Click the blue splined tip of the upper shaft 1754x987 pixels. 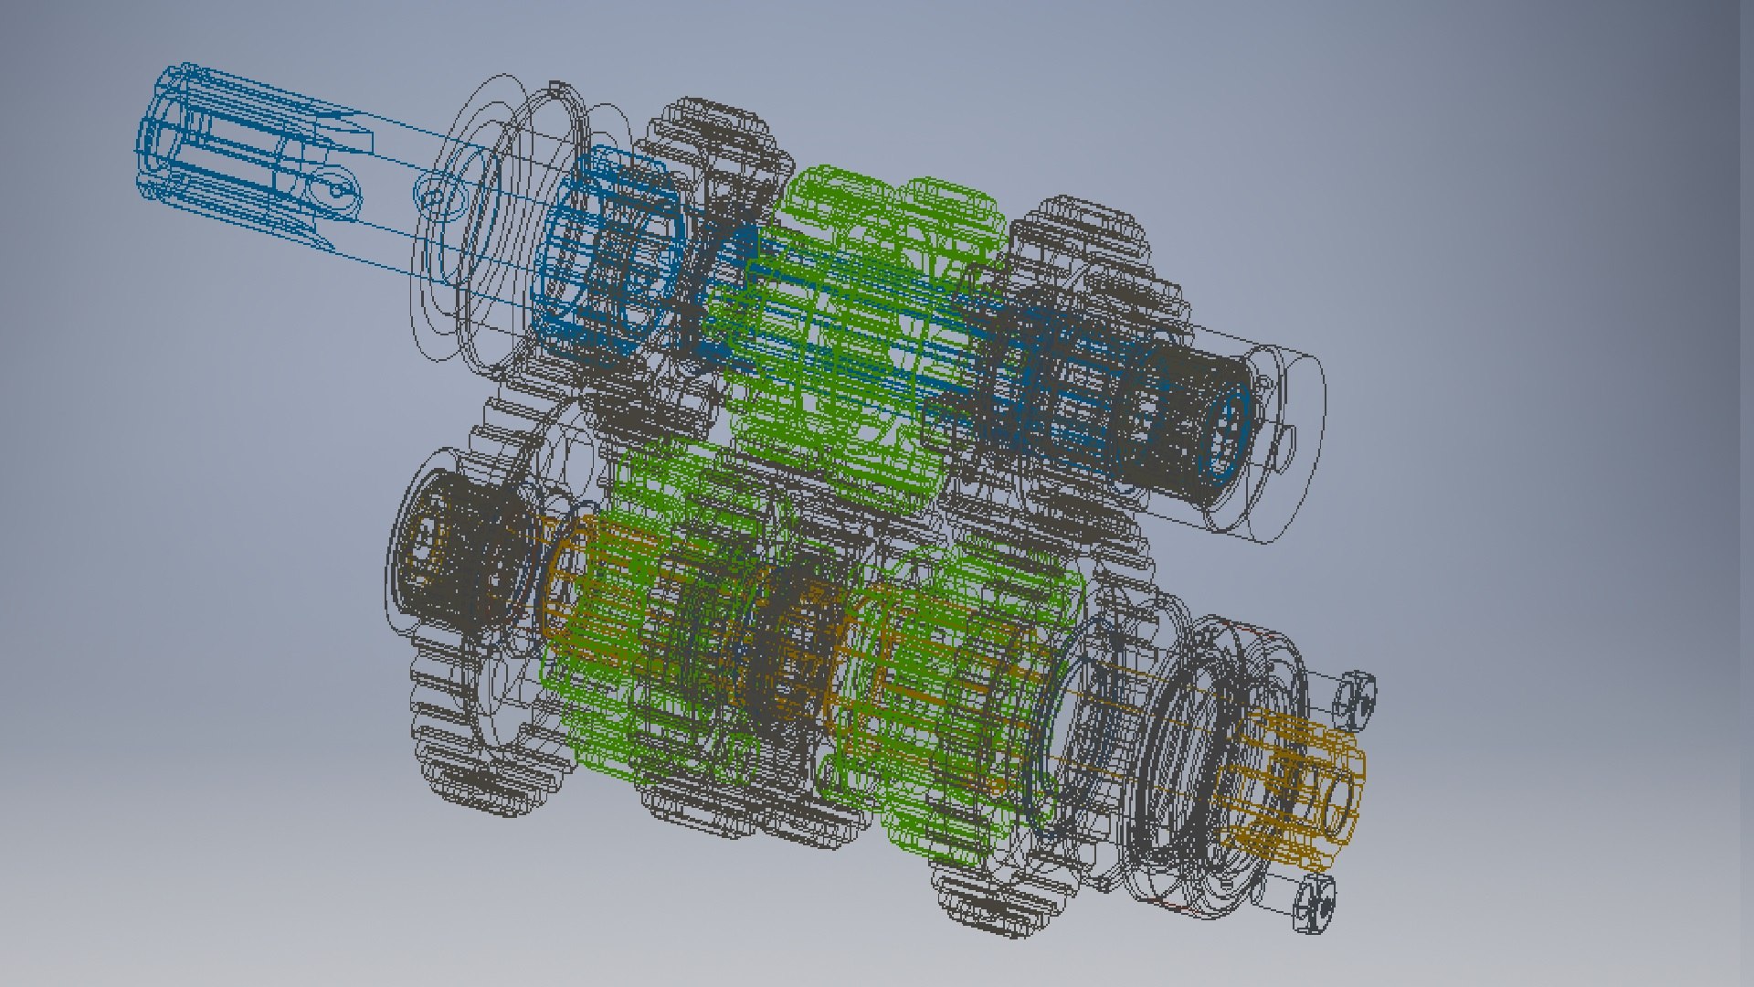pyautogui.click(x=183, y=137)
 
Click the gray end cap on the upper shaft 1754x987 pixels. pyautogui.click(x=1279, y=439)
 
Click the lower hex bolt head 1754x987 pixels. pyautogui.click(x=1315, y=905)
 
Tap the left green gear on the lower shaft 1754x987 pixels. pyautogui.click(x=621, y=640)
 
